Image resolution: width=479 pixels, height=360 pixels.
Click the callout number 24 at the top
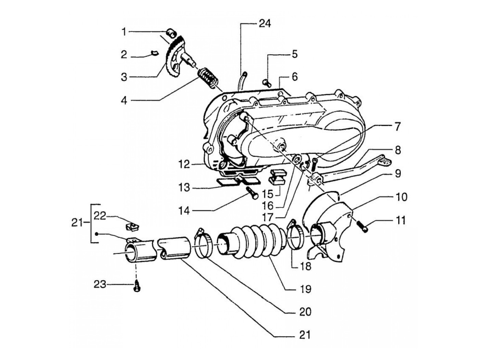click(264, 24)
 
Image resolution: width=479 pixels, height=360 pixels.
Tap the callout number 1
click(124, 32)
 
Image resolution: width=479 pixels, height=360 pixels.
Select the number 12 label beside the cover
click(184, 165)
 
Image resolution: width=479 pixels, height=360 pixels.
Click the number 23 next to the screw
click(100, 284)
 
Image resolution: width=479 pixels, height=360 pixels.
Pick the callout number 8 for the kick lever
click(398, 150)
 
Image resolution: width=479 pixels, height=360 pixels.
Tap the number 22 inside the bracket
click(101, 216)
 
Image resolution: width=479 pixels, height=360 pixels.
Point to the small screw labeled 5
click(266, 82)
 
